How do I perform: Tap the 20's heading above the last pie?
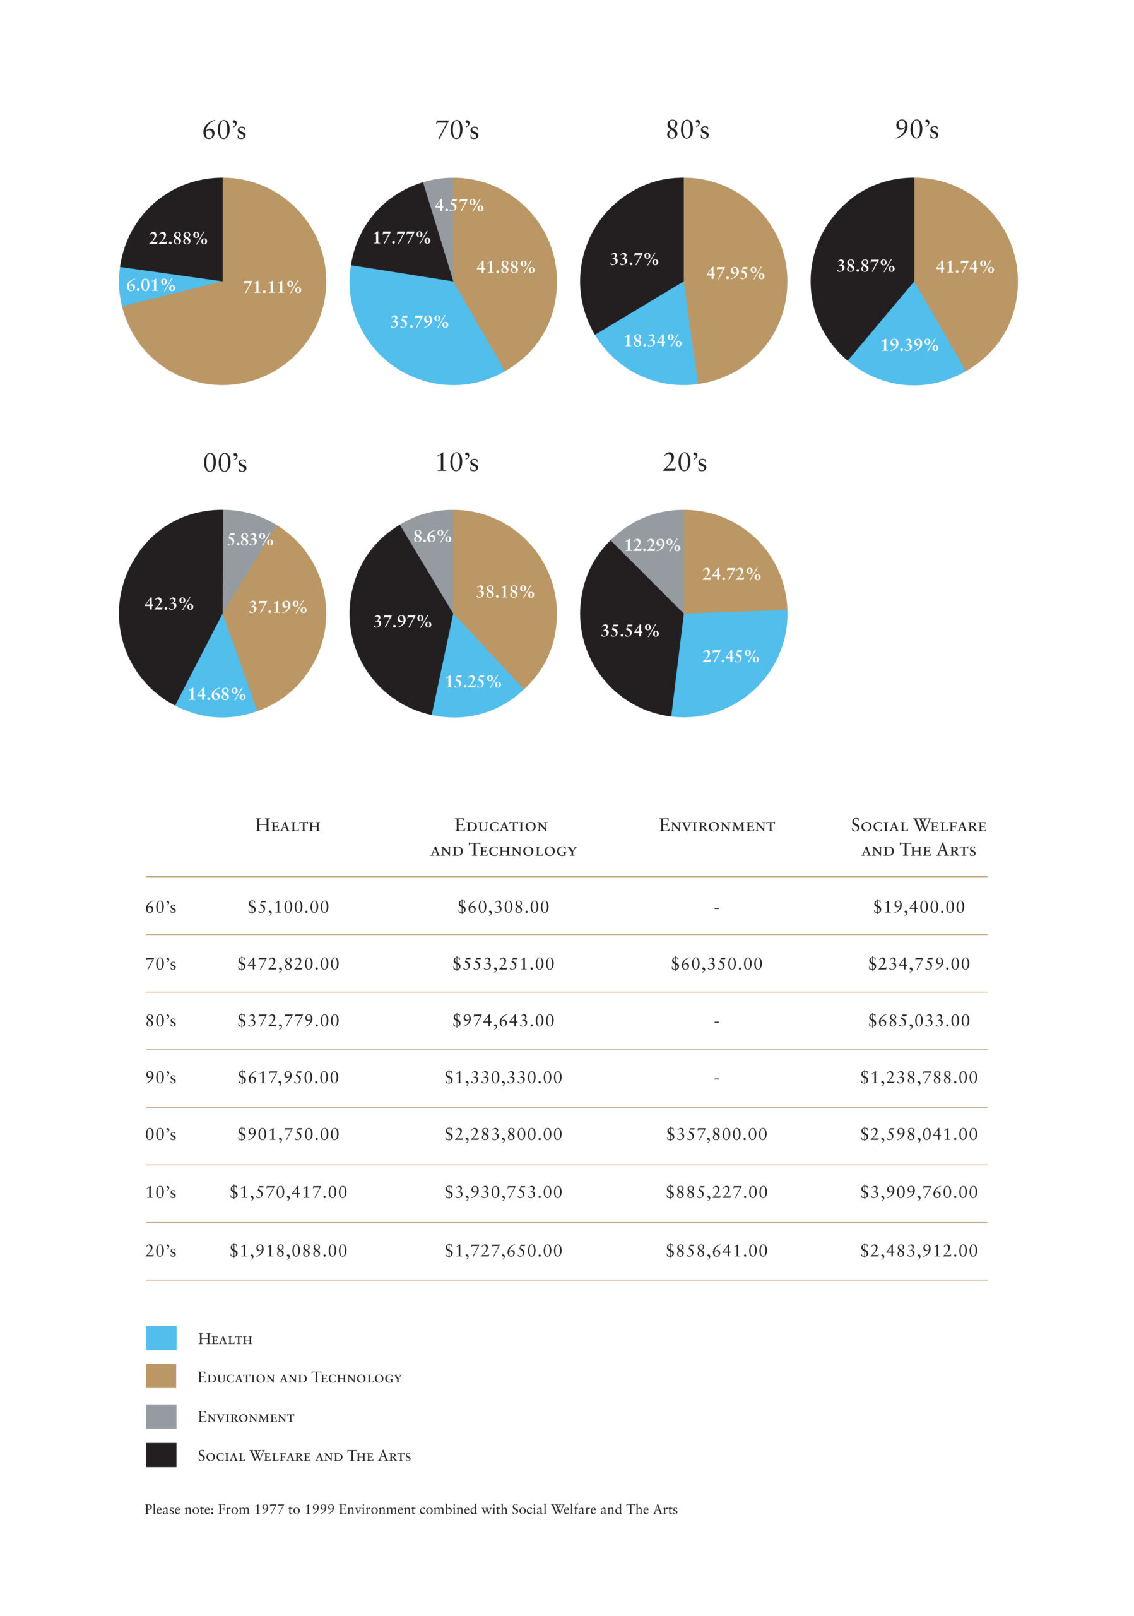coord(685,463)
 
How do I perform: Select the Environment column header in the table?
coord(717,826)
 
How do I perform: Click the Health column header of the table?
coord(288,826)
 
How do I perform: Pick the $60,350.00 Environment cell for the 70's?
coord(717,965)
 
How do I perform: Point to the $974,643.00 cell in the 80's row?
coord(504,1021)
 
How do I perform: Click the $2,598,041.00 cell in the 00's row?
coord(919,1134)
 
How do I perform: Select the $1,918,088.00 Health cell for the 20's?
coord(288,1251)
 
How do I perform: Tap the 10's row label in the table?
coord(161,1192)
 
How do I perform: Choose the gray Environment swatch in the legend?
coord(161,1417)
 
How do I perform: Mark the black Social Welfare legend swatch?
coord(161,1455)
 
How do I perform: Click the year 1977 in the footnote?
coord(269,1509)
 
